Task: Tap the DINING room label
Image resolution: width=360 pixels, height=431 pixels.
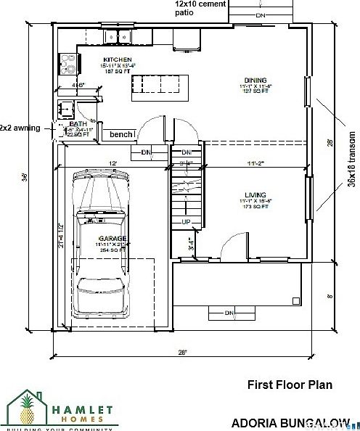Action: pyautogui.click(x=255, y=80)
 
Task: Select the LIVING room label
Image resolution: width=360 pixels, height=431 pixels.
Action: pyautogui.click(x=255, y=195)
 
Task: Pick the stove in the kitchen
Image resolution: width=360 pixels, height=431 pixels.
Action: pyautogui.click(x=67, y=65)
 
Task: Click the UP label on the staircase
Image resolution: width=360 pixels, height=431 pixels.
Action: pyautogui.click(x=186, y=221)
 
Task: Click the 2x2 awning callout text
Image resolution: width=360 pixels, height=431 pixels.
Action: pyautogui.click(x=20, y=128)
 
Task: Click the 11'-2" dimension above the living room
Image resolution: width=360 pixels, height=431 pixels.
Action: pyautogui.click(x=255, y=165)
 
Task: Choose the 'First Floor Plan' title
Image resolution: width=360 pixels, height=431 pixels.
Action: pyautogui.click(x=290, y=385)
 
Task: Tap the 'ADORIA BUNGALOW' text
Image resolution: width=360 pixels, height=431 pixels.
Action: pyautogui.click(x=290, y=422)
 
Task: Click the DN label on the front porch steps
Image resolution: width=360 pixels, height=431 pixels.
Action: pyautogui.click(x=229, y=313)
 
